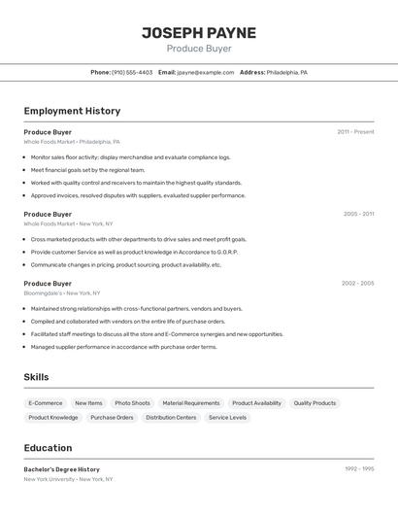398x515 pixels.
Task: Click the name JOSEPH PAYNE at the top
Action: (x=199, y=33)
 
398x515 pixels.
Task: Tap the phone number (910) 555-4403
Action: (x=132, y=73)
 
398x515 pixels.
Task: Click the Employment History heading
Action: (x=72, y=112)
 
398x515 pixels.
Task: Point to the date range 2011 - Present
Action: (x=355, y=132)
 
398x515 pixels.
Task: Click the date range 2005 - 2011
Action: (x=358, y=214)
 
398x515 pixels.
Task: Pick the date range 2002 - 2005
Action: (x=357, y=284)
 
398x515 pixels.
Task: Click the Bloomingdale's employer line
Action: (x=62, y=293)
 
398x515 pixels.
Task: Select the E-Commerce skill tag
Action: (x=46, y=403)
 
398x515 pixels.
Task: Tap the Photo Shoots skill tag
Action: (x=132, y=403)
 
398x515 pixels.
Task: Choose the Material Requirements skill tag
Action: (x=190, y=403)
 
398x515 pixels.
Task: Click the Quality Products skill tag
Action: (x=315, y=403)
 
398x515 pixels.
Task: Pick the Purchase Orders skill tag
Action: (x=112, y=418)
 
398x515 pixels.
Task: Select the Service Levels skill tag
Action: (x=227, y=418)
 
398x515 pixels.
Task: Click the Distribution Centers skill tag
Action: (x=171, y=418)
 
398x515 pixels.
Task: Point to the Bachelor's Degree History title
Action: (x=61, y=469)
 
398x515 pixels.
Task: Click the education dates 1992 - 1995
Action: (x=359, y=469)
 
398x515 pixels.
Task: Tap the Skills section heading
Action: (x=36, y=377)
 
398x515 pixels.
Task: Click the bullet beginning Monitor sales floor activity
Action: (x=130, y=157)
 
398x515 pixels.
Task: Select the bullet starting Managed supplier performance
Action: (x=123, y=347)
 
